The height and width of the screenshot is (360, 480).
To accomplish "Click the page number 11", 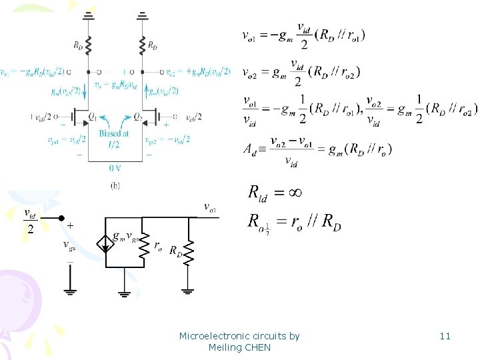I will (445, 336).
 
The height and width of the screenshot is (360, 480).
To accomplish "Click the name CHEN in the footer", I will (257, 347).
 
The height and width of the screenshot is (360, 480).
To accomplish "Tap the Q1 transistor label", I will (92, 117).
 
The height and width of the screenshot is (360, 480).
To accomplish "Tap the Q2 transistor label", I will (137, 117).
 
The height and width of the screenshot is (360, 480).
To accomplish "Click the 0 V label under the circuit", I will (114, 169).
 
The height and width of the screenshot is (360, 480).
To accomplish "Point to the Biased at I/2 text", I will (113, 139).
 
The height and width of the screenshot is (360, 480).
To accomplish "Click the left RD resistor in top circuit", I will (88, 46).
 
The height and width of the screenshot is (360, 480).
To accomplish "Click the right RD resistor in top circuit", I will (142, 46).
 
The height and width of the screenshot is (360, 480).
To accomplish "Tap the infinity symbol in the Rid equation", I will (294, 193).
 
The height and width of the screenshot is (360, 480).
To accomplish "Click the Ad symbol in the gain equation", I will (249, 150).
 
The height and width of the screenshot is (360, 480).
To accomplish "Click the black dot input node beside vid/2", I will (61, 218).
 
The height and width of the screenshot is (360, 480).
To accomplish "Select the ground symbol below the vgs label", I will (69, 291).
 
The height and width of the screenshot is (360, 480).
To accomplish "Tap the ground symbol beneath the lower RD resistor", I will (188, 291).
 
